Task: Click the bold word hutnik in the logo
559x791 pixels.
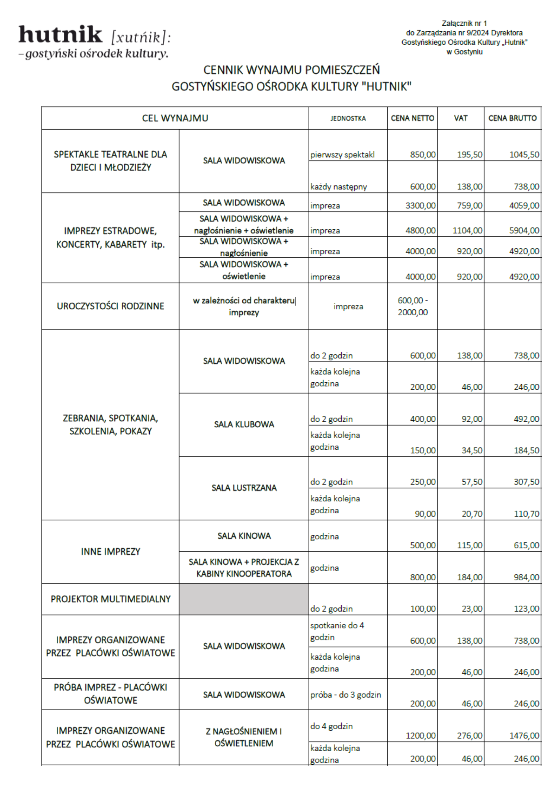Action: pos(60,35)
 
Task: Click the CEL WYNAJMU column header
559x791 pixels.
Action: pos(175,118)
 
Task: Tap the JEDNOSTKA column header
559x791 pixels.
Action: pos(348,118)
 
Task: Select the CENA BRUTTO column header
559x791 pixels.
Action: pos(513,118)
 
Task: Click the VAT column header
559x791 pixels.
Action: pos(461,118)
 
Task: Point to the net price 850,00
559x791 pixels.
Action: pos(423,155)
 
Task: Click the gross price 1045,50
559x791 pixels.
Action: pos(524,155)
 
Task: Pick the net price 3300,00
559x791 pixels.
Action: pos(421,205)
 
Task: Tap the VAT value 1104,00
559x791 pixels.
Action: pos(467,230)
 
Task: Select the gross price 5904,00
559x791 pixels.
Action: pos(524,230)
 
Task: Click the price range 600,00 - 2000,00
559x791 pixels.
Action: pos(412,306)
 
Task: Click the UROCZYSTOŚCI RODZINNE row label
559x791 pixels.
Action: pos(110,306)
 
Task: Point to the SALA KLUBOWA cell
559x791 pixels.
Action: pos(244,424)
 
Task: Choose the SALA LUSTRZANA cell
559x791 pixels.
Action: pos(244,488)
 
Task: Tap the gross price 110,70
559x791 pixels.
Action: pos(526,514)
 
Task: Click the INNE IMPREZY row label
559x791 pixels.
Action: pos(110,551)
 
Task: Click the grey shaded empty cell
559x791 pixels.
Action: pos(244,599)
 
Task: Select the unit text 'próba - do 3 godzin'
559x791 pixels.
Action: pos(346,694)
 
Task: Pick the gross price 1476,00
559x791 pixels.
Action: pos(524,735)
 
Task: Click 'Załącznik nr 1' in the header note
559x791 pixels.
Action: pos(464,24)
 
